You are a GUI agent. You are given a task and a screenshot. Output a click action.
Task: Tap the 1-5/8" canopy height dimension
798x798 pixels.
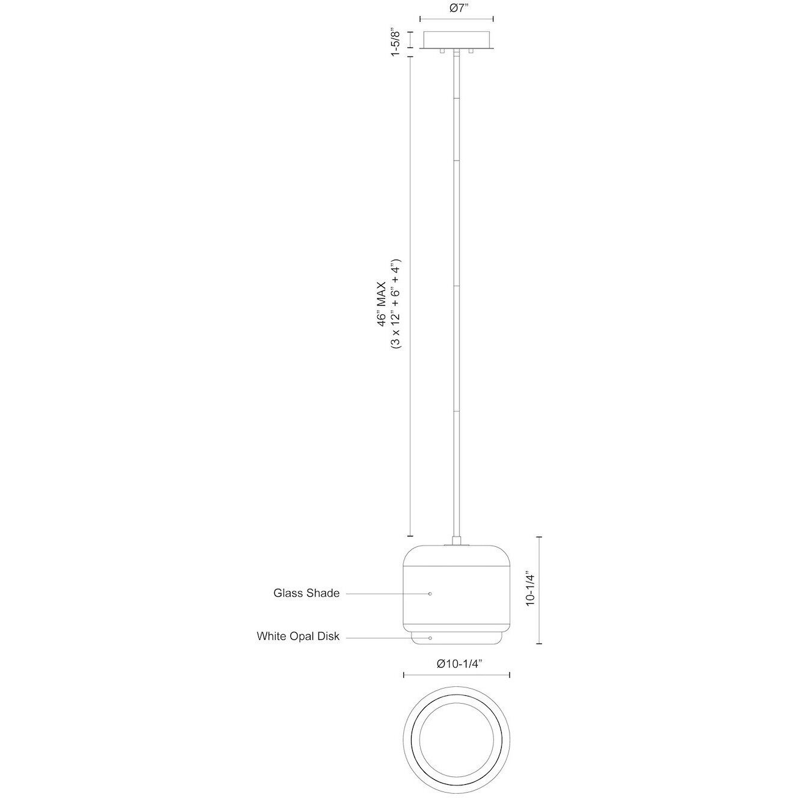[395, 42]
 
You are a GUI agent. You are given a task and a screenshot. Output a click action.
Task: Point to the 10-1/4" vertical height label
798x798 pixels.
[530, 588]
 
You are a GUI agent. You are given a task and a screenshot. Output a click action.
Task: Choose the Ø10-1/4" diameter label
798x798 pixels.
[460, 663]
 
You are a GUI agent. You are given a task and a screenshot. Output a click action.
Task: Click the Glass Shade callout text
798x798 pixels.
[306, 593]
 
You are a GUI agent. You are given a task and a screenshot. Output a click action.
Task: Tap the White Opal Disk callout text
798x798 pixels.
[298, 636]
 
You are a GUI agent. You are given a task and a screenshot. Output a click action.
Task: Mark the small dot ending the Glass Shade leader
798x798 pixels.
[430, 594]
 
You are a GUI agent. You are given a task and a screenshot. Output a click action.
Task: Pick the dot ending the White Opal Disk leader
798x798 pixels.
[430, 638]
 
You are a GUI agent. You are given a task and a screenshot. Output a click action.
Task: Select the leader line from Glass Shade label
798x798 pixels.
[385, 594]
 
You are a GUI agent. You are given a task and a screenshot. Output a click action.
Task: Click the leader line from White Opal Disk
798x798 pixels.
[385, 638]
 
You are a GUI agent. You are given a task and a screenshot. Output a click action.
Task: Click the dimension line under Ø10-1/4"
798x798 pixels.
[456, 675]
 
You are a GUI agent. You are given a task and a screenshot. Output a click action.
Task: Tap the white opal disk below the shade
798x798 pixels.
[456, 638]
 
